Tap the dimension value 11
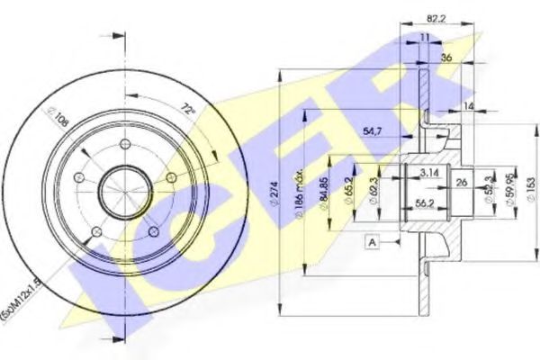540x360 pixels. point(424,37)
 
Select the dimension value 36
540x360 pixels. point(446,58)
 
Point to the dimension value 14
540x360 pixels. point(468,106)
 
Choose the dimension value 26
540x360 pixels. point(461,183)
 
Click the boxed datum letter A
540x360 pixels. point(372,241)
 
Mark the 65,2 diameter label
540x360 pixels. point(346,191)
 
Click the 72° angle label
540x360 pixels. point(187,110)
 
